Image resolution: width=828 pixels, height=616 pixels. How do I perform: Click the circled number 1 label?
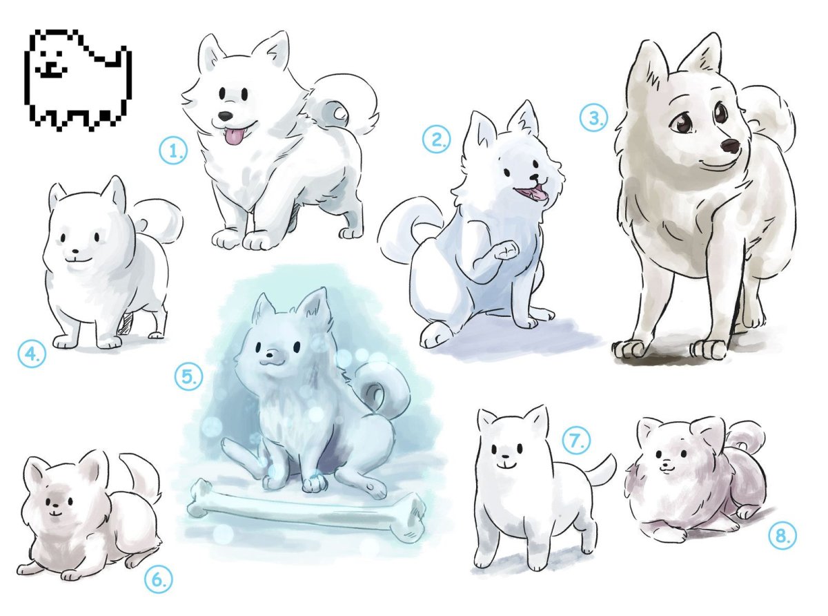173,150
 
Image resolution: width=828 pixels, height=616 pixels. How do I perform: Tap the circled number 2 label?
436,139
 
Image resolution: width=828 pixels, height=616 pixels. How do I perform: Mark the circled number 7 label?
577,441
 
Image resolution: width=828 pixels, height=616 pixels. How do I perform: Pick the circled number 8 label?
782,536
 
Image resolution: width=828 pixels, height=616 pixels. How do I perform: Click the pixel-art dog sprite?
78,80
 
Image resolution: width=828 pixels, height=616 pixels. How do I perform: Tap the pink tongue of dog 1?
233,135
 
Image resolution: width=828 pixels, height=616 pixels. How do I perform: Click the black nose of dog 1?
225,115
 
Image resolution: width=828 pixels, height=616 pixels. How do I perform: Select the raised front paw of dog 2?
506,250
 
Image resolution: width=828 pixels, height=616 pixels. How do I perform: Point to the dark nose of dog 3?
730,146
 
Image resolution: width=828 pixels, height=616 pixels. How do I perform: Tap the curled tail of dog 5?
384,392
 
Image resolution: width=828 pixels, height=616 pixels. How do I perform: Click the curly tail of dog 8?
745,436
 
